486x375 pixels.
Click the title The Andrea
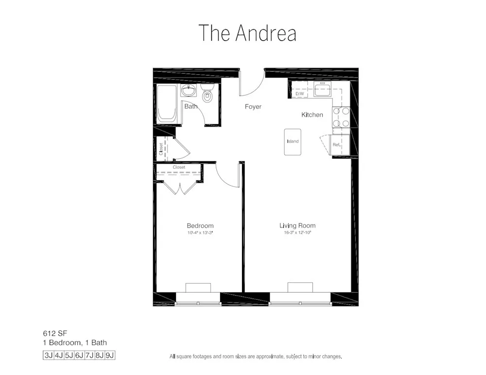[247, 33]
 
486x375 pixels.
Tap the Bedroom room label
[200, 226]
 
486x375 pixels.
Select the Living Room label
[297, 226]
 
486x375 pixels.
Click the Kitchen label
[312, 115]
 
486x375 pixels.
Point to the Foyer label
[253, 107]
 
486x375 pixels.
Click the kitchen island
[293, 142]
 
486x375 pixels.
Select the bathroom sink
[189, 91]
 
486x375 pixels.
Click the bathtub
[167, 103]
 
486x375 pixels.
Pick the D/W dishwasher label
[300, 94]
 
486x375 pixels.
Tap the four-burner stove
[341, 117]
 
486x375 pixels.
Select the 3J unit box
[49, 355]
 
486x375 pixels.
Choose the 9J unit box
[110, 355]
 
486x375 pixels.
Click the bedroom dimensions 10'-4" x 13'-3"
[200, 233]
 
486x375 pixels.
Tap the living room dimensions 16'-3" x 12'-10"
[297, 233]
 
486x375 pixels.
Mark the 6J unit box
[79, 355]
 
